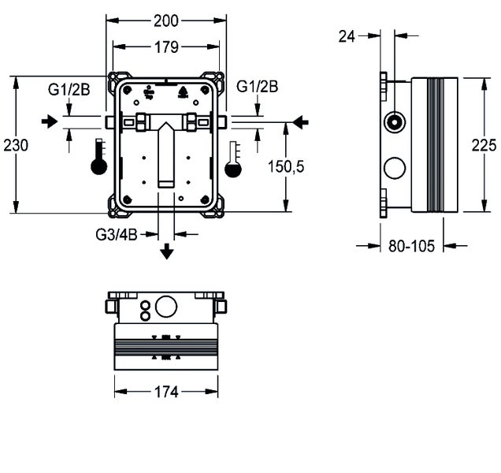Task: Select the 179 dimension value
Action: (166, 47)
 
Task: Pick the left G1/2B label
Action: (69, 88)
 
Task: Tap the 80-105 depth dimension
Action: (411, 246)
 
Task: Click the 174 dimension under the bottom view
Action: (165, 392)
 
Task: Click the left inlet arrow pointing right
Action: (50, 121)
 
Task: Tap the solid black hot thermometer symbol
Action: (98, 158)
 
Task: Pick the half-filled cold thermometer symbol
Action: (232, 160)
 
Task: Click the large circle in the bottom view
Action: (166, 306)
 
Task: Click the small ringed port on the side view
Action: (394, 121)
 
